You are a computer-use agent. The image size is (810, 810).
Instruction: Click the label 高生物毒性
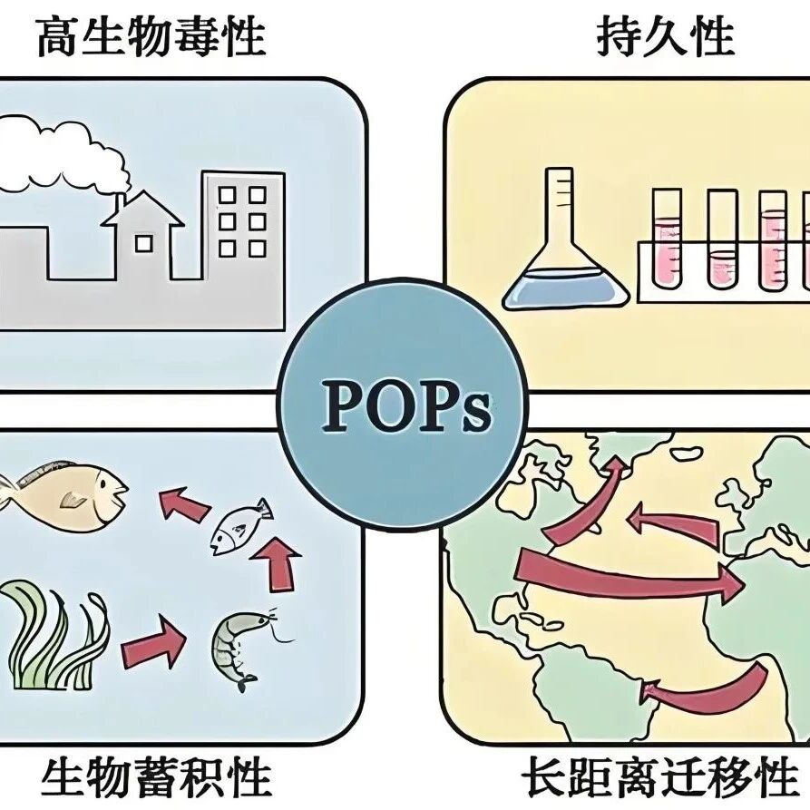click(151, 39)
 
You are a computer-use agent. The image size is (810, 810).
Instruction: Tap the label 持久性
click(665, 37)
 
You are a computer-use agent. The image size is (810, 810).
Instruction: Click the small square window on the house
click(143, 242)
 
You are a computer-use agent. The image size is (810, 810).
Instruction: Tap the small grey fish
click(239, 528)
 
